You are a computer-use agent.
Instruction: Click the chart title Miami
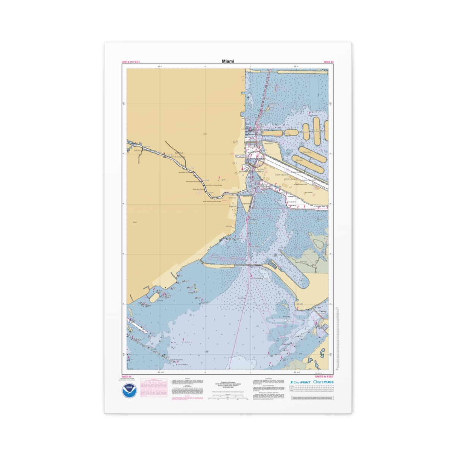pyautogui.click(x=228, y=61)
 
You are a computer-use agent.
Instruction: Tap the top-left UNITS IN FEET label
pyautogui.click(x=130, y=62)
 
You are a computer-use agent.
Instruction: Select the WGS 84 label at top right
pyautogui.click(x=328, y=62)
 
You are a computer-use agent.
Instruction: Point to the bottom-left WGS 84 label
pyautogui.click(x=126, y=377)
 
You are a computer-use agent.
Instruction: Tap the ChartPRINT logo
pyautogui.click(x=300, y=382)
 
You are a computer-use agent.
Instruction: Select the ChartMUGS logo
pyautogui.click(x=323, y=382)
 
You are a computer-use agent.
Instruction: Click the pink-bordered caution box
pyautogui.click(x=154, y=388)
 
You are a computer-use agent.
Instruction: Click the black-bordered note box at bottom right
pyautogui.click(x=312, y=397)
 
